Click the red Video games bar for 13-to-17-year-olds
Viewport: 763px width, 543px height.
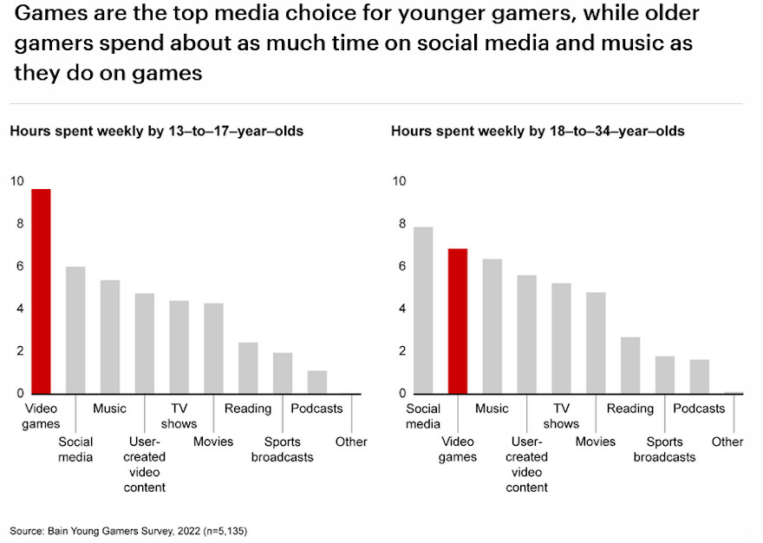tap(41, 291)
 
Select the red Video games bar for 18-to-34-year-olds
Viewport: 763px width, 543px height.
tap(457, 321)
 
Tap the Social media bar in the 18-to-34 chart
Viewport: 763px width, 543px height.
tap(422, 311)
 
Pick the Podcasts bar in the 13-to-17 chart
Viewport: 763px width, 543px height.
tap(317, 383)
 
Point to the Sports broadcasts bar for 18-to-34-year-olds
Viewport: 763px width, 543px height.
tap(665, 375)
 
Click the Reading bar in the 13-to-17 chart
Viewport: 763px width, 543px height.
tap(248, 368)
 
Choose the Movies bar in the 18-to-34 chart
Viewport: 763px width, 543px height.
tap(596, 343)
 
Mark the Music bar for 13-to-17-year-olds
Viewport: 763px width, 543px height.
tap(110, 337)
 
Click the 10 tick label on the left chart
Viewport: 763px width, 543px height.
tap(17, 181)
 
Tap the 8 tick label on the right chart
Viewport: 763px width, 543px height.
tap(401, 224)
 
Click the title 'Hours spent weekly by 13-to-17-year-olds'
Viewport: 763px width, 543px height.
tap(156, 132)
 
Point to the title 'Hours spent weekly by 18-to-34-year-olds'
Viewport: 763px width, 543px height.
tap(538, 132)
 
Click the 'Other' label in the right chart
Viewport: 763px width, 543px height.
tap(727, 442)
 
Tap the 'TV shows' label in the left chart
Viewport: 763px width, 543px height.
tap(179, 416)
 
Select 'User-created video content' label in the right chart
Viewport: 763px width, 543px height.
tap(526, 464)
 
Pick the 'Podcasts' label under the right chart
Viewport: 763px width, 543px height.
tap(699, 409)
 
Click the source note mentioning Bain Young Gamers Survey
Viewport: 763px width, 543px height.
tap(134, 529)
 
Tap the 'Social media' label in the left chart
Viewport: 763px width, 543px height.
tap(75, 449)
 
